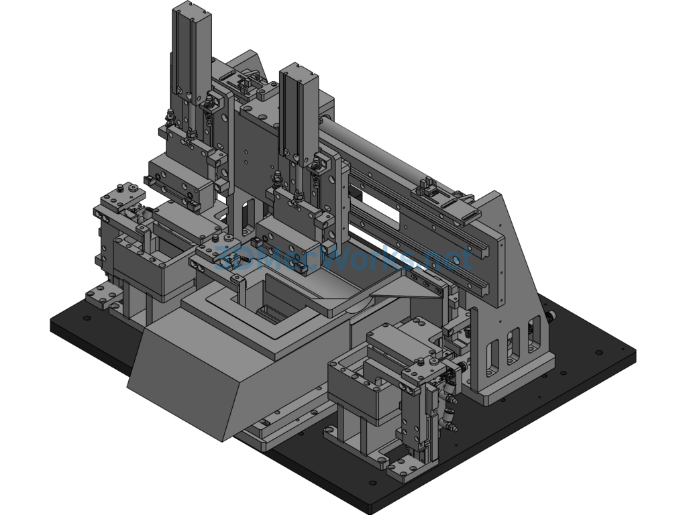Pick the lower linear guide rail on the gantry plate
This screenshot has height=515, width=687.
coord(421,245)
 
